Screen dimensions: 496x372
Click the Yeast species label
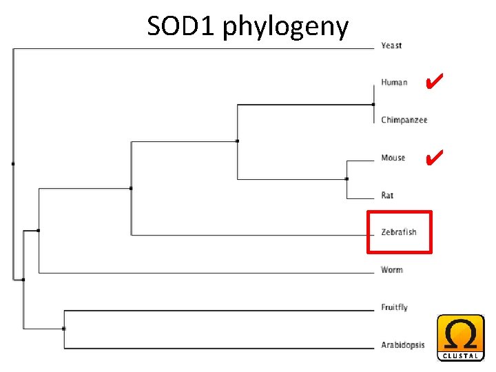[391, 45]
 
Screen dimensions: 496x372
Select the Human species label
[394, 83]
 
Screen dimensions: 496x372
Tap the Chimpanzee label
[404, 120]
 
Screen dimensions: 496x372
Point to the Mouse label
[393, 158]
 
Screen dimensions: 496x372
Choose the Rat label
[387, 196]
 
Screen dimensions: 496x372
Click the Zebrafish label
[399, 232]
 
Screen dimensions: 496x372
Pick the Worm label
[391, 269]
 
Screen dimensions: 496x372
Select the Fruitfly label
[394, 307]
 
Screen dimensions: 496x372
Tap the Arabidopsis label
[403, 345]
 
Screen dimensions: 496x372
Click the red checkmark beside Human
[433, 83]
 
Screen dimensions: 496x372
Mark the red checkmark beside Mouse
[433, 158]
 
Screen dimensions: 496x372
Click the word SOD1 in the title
[181, 27]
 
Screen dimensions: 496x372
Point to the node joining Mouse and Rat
[347, 178]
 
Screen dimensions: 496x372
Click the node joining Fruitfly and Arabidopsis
[64, 329]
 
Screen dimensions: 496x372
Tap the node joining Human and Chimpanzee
[372, 104]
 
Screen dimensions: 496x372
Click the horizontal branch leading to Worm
[207, 273]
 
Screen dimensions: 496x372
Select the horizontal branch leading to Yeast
[193, 48]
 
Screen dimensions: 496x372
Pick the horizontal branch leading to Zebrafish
[248, 236]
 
